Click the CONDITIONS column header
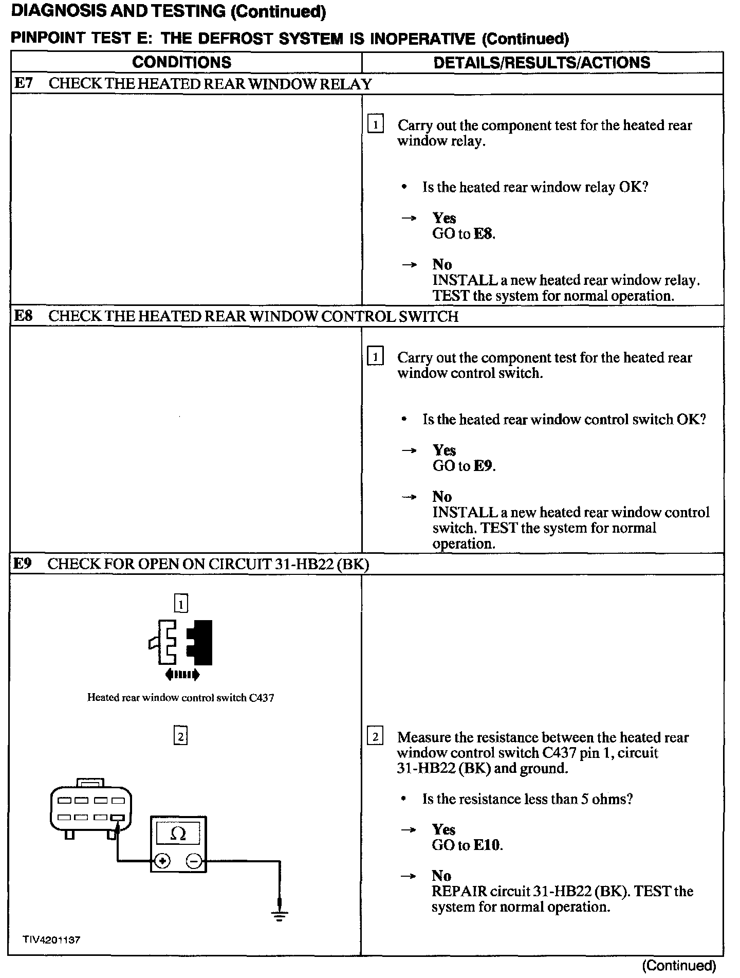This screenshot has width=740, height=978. (181, 62)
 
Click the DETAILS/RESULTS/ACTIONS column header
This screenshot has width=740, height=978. (542, 63)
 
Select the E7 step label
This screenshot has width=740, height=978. (23, 83)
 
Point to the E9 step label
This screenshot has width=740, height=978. (22, 564)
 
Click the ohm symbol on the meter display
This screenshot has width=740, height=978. (178, 834)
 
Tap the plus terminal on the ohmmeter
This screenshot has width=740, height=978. (162, 861)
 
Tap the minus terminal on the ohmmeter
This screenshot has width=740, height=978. (193, 861)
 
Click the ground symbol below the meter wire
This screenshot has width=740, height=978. (280, 916)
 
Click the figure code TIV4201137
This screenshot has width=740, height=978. (51, 940)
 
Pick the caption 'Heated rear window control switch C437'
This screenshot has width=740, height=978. (180, 698)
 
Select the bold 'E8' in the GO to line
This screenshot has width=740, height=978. (483, 234)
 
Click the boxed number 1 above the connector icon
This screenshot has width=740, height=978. (181, 603)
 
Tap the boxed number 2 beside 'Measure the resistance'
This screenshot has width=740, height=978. (375, 737)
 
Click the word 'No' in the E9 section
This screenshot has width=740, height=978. (441, 876)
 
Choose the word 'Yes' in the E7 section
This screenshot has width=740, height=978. (444, 218)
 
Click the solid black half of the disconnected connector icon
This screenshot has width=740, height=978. (202, 643)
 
